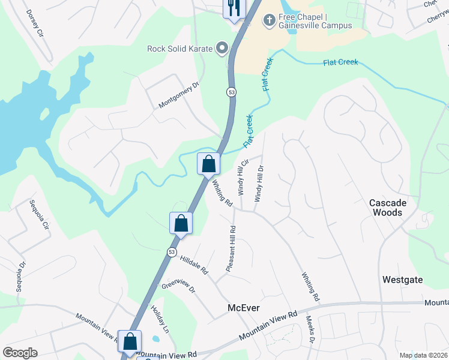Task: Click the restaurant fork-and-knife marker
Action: point(233,8)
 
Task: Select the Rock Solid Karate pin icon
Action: point(222,48)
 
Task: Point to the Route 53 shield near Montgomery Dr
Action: point(231,92)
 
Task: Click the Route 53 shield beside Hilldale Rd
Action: point(172,252)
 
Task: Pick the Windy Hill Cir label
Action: point(243,177)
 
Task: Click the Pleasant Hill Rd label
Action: point(231,248)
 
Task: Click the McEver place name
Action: point(244,308)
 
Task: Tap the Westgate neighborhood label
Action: point(402,280)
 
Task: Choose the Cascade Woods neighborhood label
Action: point(387,208)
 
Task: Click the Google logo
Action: point(20,353)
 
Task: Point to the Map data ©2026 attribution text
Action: point(423,355)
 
